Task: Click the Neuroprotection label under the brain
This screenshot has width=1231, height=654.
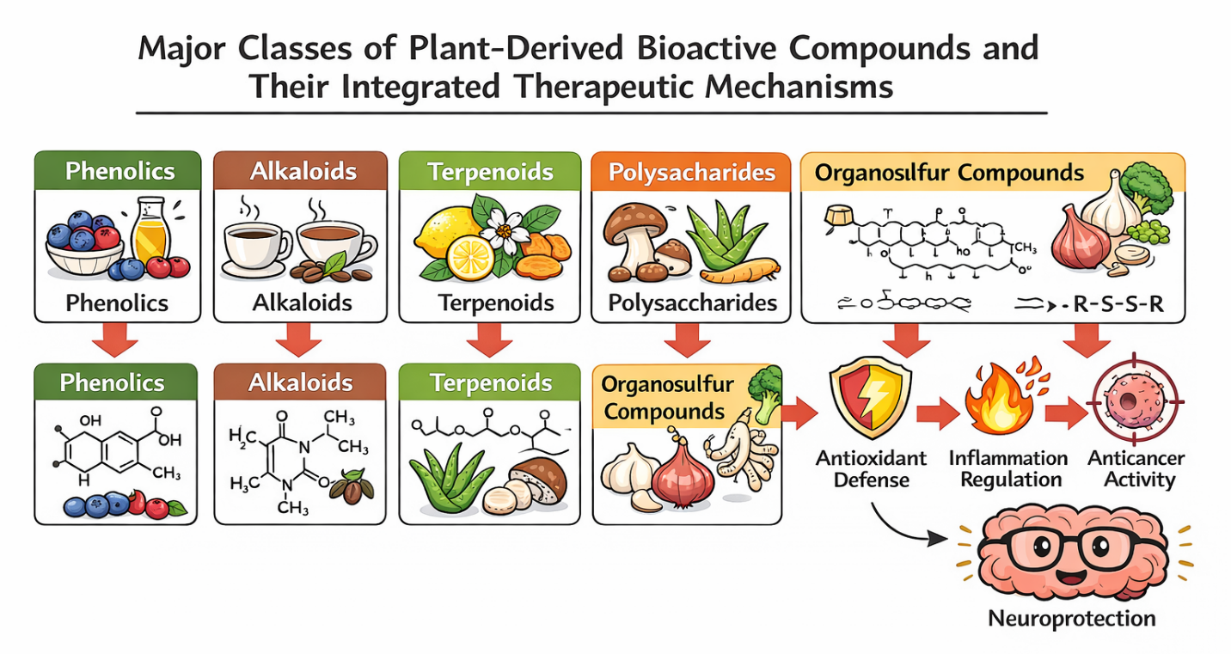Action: coord(1071,619)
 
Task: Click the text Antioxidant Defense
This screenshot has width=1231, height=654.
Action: coord(872,468)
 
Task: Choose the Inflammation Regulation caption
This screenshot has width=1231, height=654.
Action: coord(1008,468)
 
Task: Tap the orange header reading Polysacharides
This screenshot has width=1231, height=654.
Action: coord(691,172)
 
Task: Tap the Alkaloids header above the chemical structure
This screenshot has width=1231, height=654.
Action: coord(300,382)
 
